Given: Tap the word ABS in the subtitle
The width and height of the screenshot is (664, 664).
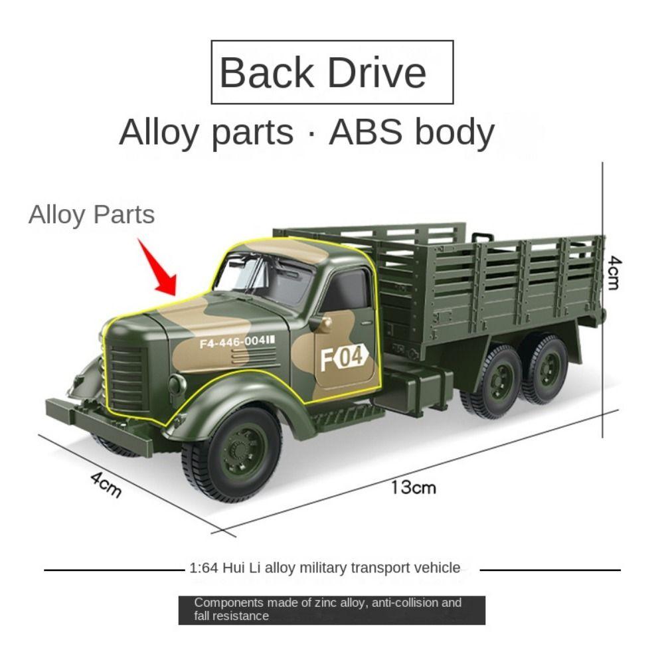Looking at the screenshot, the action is pos(365,132).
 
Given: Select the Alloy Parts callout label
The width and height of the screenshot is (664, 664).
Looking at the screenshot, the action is pos(91,214).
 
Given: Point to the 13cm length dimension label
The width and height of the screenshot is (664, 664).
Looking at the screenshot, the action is pos(413,487).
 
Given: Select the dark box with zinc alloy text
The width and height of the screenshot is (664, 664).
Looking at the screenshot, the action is pos(331,610).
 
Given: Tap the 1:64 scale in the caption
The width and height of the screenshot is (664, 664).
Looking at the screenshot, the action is pos(203,568).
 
